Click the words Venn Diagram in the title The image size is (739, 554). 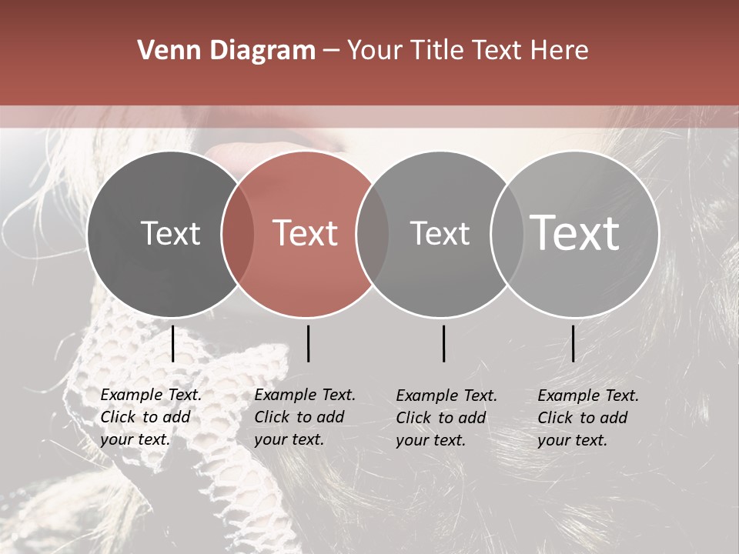(x=226, y=51)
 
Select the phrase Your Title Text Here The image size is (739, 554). (x=467, y=51)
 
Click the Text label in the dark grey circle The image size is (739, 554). (x=170, y=233)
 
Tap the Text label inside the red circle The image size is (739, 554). (x=305, y=233)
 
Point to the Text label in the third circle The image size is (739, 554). (x=440, y=233)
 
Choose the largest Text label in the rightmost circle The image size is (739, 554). (x=575, y=233)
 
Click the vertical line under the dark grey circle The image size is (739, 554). (x=172, y=343)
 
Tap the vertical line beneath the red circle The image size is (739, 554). (x=308, y=343)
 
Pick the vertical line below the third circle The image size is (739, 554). (x=444, y=343)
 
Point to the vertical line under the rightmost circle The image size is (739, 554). (x=573, y=343)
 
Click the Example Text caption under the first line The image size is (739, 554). (x=151, y=417)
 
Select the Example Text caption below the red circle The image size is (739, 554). (x=305, y=417)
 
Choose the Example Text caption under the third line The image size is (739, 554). (x=446, y=417)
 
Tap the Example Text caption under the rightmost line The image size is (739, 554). (x=588, y=417)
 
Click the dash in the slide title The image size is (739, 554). (x=330, y=51)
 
